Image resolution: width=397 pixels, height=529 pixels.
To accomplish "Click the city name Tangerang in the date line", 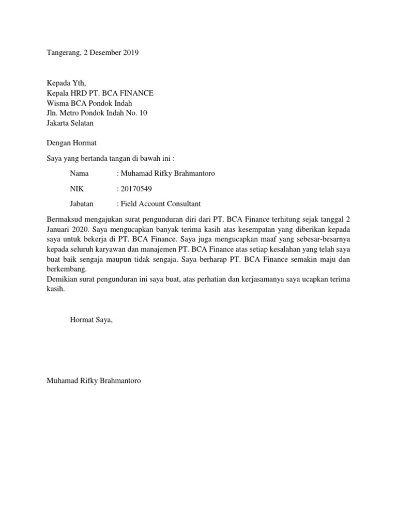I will click(64, 53).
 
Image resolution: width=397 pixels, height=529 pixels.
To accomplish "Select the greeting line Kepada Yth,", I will click(67, 83).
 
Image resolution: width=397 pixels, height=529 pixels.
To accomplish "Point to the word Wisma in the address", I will click(58, 103).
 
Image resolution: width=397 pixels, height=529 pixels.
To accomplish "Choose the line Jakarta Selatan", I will click(70, 123).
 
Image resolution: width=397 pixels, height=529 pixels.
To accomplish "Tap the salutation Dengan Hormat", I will click(71, 143).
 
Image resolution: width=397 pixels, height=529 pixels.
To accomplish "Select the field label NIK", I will click(77, 189).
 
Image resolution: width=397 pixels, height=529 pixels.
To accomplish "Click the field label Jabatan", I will click(82, 204).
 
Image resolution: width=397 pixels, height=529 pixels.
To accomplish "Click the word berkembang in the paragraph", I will click(67, 270).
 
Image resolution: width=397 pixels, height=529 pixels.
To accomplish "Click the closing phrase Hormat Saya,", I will click(91, 320).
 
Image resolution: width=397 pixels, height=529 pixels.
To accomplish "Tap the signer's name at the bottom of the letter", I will click(94, 381).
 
